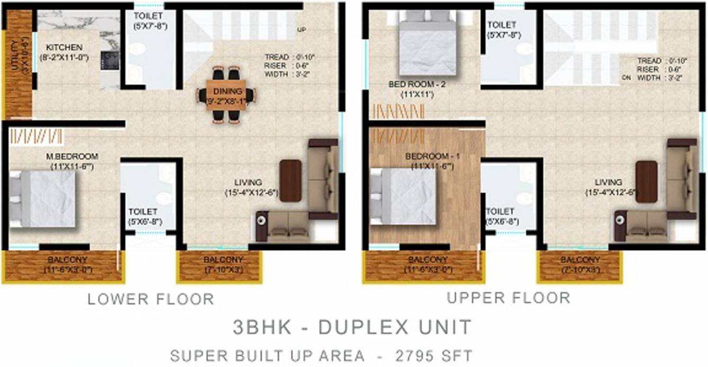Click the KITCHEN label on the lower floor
tap(64, 47)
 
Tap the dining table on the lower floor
tap(226, 95)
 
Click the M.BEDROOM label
tap(75, 156)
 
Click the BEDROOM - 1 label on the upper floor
tap(428, 157)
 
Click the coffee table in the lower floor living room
tap(290, 181)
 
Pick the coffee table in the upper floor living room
tap(647, 182)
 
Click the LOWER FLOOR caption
tap(151, 299)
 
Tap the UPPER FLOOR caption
tap(508, 298)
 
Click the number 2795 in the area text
tap(413, 354)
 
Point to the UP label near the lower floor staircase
tap(302, 30)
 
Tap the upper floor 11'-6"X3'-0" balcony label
tap(426, 264)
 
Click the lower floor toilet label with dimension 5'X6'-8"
tap(145, 218)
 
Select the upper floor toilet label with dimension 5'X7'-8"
tap(504, 30)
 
